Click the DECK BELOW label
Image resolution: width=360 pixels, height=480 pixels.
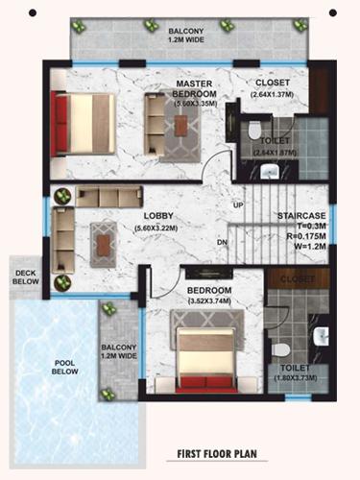[24, 277]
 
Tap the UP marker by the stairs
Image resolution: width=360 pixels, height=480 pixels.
[237, 204]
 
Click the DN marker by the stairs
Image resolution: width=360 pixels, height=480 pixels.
[223, 242]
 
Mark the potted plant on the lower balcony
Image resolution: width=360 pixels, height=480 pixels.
[107, 309]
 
